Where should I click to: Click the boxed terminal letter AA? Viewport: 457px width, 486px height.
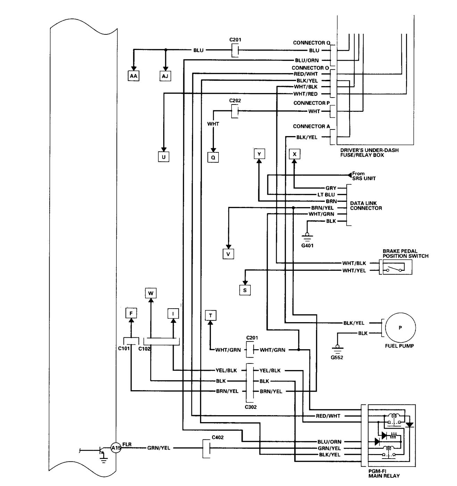pyautogui.click(x=133, y=75)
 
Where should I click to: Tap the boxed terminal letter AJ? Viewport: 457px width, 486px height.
pyautogui.click(x=165, y=75)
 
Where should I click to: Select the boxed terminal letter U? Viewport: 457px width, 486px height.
pyautogui.click(x=164, y=157)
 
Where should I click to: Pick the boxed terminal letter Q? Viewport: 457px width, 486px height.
pyautogui.click(x=213, y=157)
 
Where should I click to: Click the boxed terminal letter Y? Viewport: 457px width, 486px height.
pyautogui.click(x=259, y=154)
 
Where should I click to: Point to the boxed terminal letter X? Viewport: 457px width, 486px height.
pyautogui.click(x=294, y=154)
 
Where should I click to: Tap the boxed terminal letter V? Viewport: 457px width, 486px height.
pyautogui.click(x=228, y=254)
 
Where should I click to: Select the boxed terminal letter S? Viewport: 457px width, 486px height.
pyautogui.click(x=245, y=290)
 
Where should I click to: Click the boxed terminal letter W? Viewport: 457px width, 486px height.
pyautogui.click(x=150, y=293)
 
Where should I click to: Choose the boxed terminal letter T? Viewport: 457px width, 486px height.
pyautogui.click(x=210, y=315)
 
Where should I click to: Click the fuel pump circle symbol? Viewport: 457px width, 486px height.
pyautogui.click(x=400, y=327)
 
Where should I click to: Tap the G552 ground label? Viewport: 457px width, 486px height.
pyautogui.click(x=336, y=357)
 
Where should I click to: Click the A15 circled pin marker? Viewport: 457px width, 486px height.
pyautogui.click(x=116, y=448)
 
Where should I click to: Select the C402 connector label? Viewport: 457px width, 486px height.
pyautogui.click(x=217, y=437)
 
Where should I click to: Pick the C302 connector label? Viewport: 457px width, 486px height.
pyautogui.click(x=251, y=407)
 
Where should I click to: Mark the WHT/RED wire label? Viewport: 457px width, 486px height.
pyautogui.click(x=306, y=94)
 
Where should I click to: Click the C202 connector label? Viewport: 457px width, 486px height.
pyautogui.click(x=235, y=100)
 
